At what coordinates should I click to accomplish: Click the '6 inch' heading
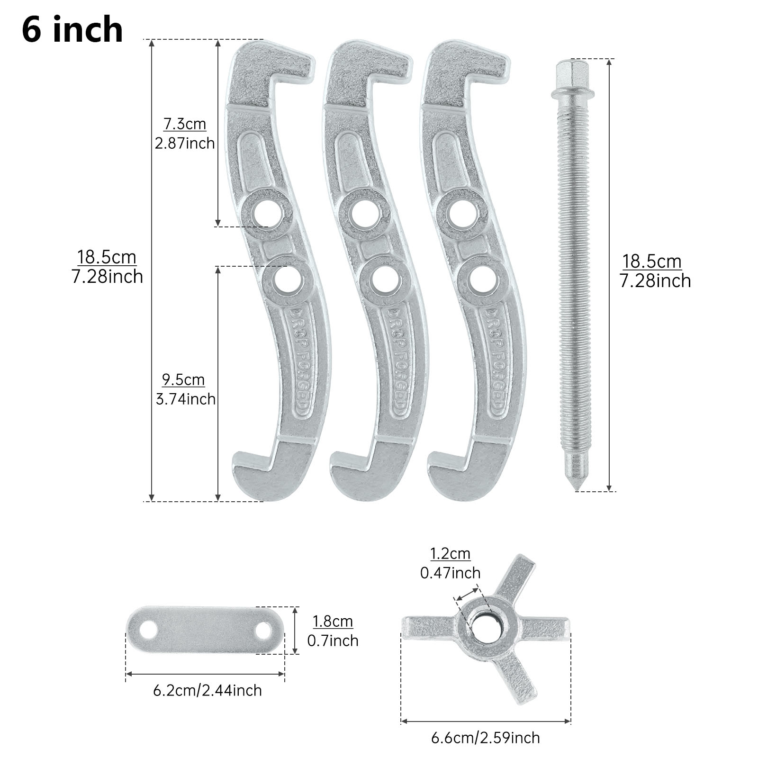coord(72,29)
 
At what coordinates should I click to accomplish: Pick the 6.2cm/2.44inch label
coord(207,690)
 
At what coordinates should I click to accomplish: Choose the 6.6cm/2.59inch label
coord(485,738)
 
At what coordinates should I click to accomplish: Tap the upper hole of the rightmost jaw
coord(462,212)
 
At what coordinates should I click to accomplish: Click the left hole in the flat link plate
coord(150,630)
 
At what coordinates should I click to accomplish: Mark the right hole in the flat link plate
coord(263,630)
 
